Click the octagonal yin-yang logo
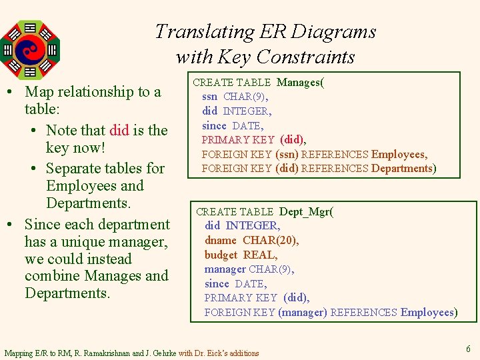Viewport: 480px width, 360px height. point(30,49)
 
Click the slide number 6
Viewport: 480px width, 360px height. point(468,349)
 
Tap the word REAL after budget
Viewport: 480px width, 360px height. point(260,255)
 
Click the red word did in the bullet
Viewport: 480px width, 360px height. point(119,130)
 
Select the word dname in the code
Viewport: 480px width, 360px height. point(221,240)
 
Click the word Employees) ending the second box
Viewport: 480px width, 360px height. point(429,312)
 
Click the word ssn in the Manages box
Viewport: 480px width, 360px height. point(210,97)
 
